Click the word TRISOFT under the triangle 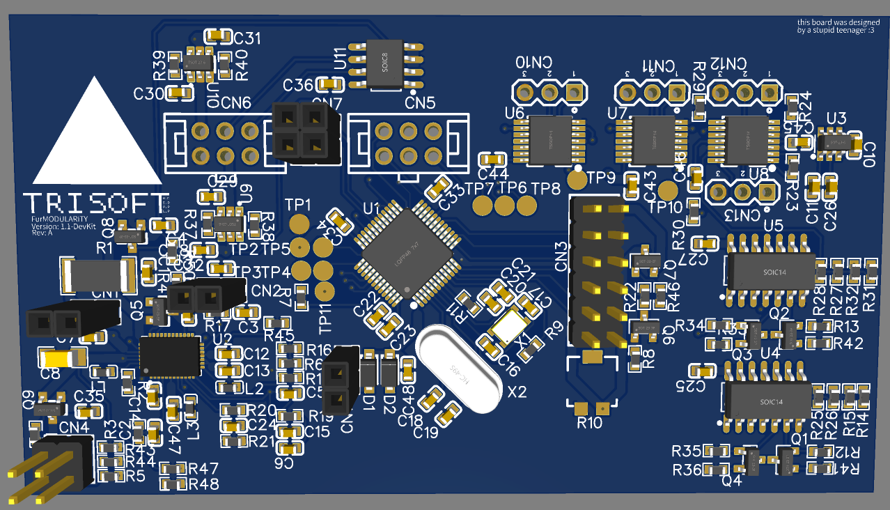click(96, 203)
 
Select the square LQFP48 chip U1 click(407, 255)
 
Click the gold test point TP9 click(578, 179)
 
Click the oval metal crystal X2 click(458, 370)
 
